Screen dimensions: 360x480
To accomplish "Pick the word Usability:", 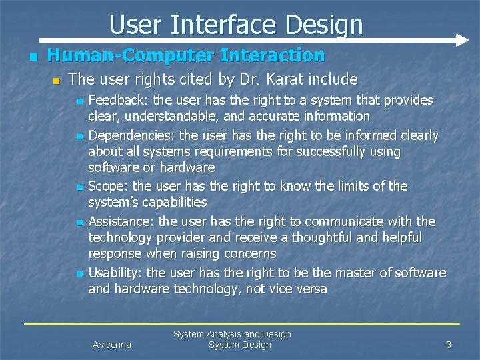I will (x=116, y=273).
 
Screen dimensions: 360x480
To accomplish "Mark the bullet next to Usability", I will (x=79, y=274).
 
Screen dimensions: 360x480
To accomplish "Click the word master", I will (x=361, y=273).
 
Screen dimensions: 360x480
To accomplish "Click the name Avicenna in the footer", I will (x=111, y=345).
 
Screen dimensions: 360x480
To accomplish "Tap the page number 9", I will (x=449, y=345).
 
